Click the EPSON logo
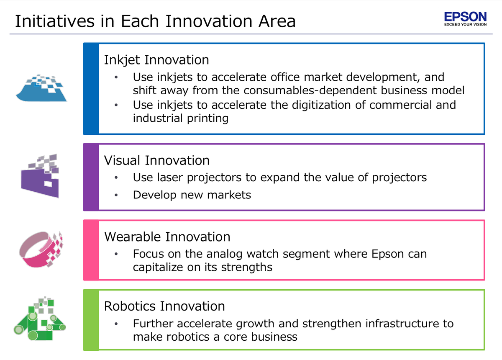pos(466,19)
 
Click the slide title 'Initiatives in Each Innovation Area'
pos(155,21)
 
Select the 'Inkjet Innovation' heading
pos(156,60)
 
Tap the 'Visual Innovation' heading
pos(156,161)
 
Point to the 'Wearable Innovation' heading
pos(167,237)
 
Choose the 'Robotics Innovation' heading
pos(164,306)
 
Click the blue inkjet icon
pos(41,88)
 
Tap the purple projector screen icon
pos(40,176)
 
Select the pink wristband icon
pos(41,249)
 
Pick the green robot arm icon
pos(40,319)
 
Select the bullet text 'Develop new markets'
pos(192,195)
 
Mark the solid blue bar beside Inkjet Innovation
pos(91,89)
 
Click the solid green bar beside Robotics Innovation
pos(91,320)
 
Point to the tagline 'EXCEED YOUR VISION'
pos(466,24)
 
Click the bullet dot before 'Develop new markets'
pos(116,195)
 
